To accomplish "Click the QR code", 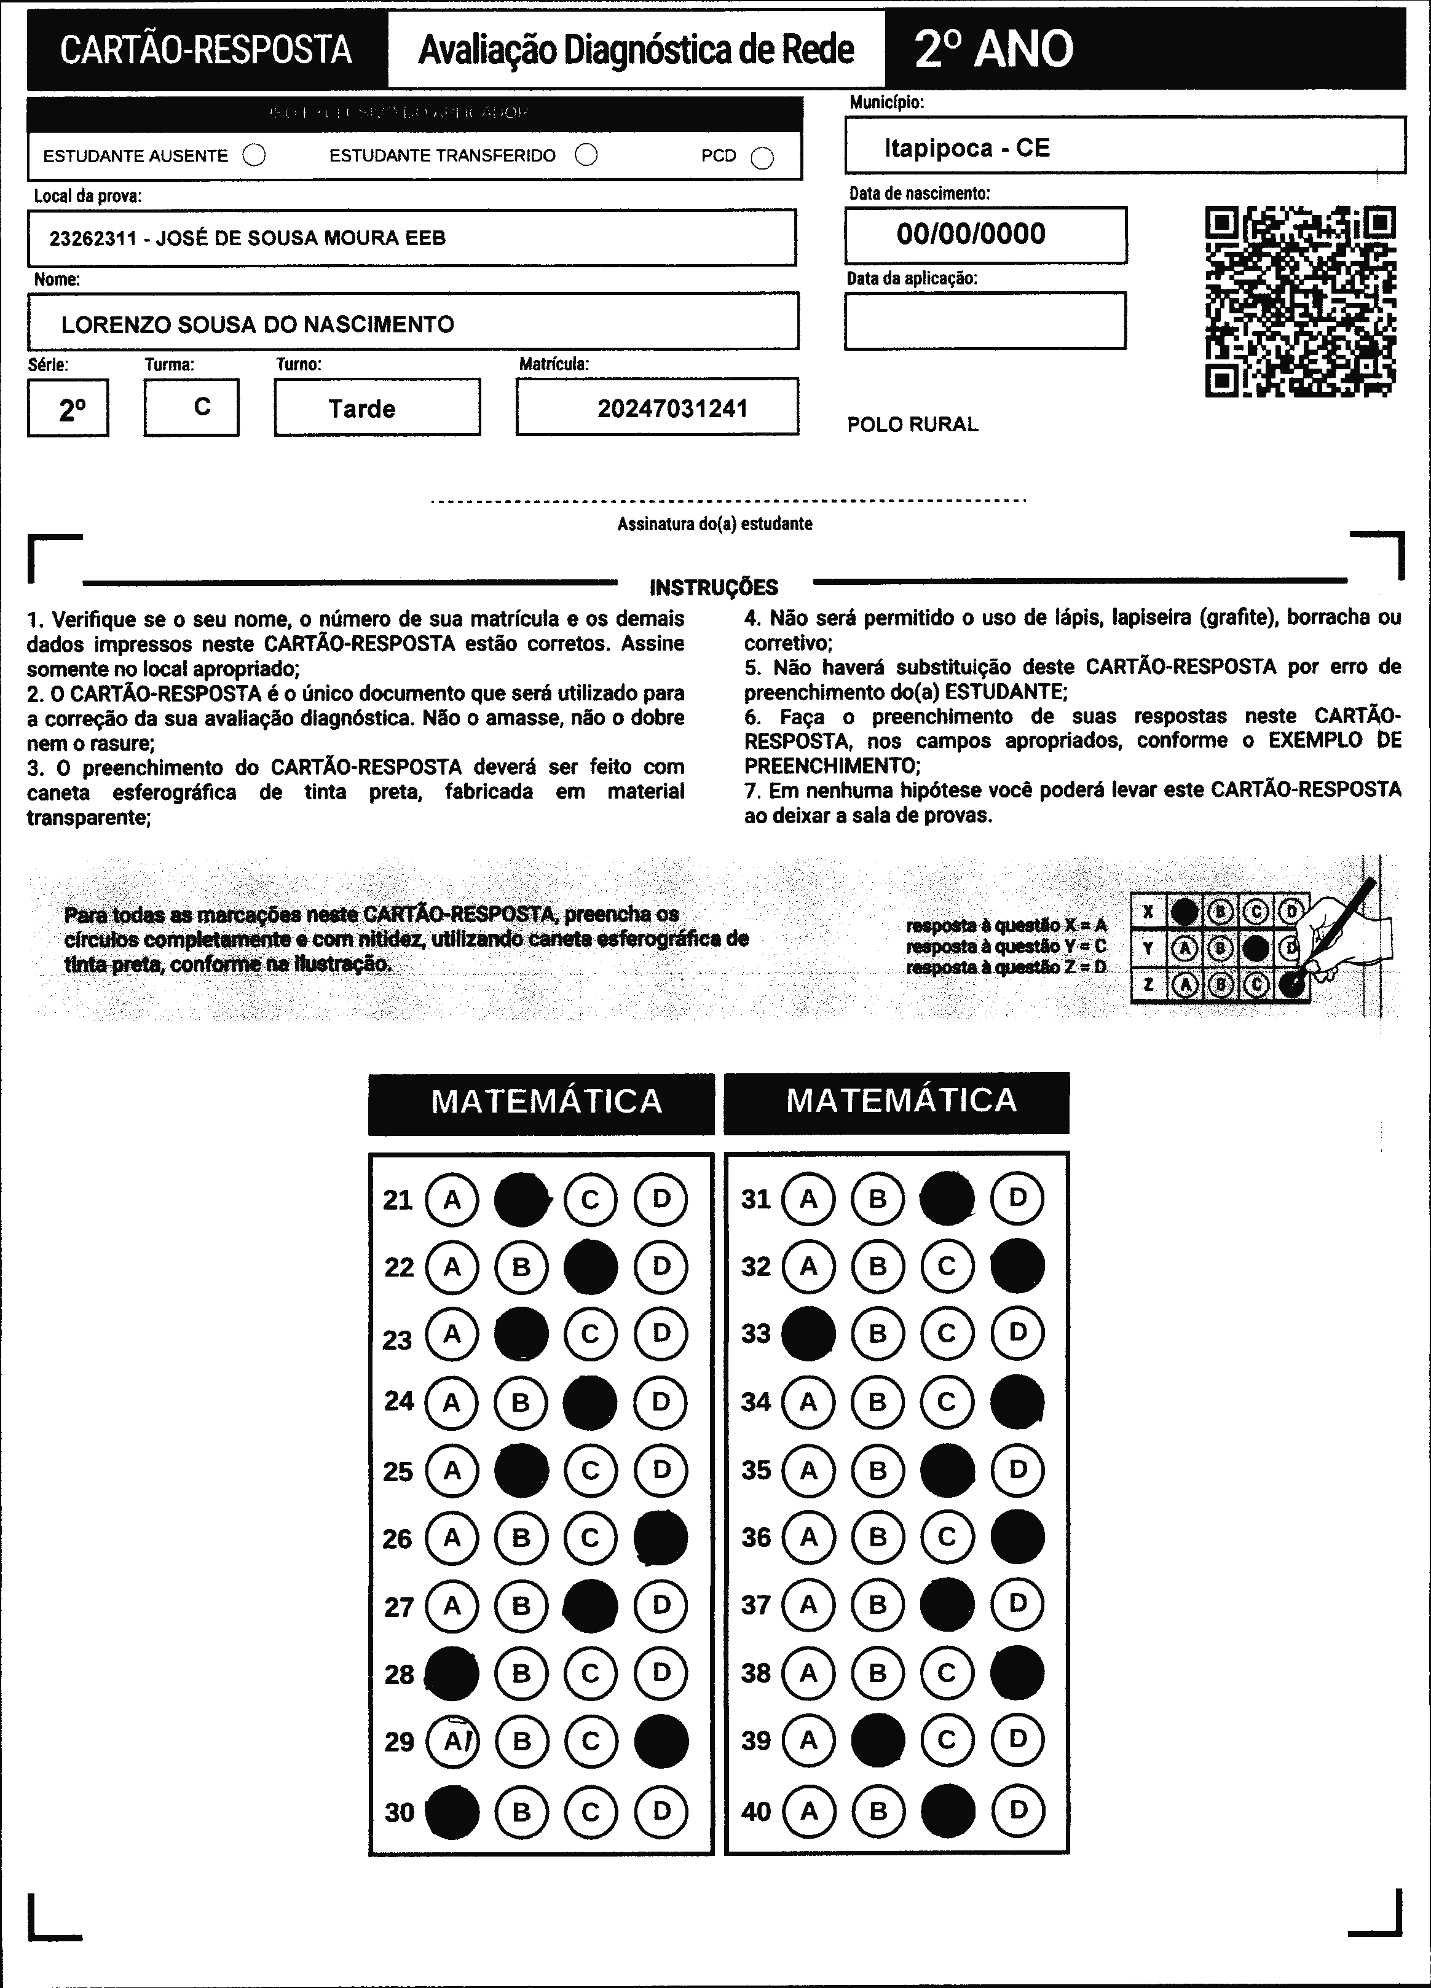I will (x=1300, y=302).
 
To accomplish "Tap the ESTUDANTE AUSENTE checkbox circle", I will (x=254, y=156).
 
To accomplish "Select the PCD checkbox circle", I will (x=763, y=158).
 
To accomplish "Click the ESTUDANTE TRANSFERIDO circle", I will (x=586, y=155).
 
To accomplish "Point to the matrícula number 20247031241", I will (x=672, y=409).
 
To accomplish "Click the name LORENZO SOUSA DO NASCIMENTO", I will (x=258, y=324).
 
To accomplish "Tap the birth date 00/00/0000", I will (x=971, y=234).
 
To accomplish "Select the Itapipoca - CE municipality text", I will (x=966, y=148).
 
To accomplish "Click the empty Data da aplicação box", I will (x=985, y=321).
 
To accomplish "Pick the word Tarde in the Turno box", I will (x=361, y=409).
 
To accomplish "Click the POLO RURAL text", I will (x=912, y=425).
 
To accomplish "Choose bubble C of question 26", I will (x=590, y=1538).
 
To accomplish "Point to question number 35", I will (x=756, y=1470).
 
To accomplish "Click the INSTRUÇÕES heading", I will (x=713, y=587).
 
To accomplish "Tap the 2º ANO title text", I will (x=993, y=49).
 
